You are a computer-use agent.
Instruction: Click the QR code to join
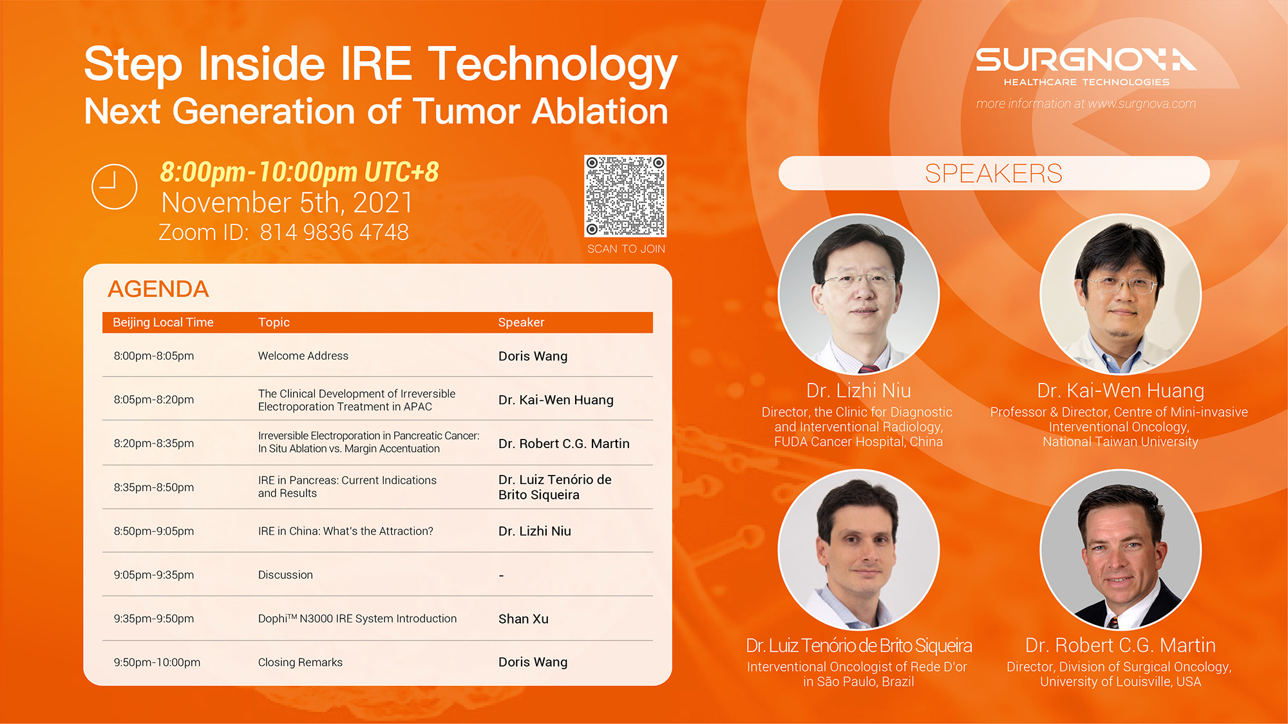click(x=625, y=196)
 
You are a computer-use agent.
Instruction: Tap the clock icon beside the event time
click(x=115, y=187)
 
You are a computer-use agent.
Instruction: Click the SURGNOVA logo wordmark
click(x=1086, y=60)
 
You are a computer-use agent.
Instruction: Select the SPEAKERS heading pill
click(x=994, y=173)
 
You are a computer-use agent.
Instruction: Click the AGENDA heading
click(x=158, y=289)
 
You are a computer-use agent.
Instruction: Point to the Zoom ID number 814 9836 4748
click(x=334, y=232)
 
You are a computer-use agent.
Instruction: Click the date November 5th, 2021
click(x=287, y=203)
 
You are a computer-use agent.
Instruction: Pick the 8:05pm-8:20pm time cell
click(x=154, y=400)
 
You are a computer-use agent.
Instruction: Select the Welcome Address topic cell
click(x=303, y=356)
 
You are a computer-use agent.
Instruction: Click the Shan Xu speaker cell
click(x=524, y=619)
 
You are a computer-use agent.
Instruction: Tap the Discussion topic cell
click(x=285, y=575)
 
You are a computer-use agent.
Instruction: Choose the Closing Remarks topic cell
click(x=300, y=662)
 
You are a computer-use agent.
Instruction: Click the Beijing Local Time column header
click(x=163, y=322)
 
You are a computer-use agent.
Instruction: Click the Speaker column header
click(x=521, y=322)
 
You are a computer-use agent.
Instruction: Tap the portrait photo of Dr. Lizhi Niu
click(x=859, y=294)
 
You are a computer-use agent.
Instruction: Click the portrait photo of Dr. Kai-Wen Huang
click(x=1121, y=294)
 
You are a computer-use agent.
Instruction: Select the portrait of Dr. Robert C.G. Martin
click(x=1121, y=549)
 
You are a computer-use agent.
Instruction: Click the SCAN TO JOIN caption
click(x=626, y=249)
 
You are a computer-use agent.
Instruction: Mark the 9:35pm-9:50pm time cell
click(x=154, y=618)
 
